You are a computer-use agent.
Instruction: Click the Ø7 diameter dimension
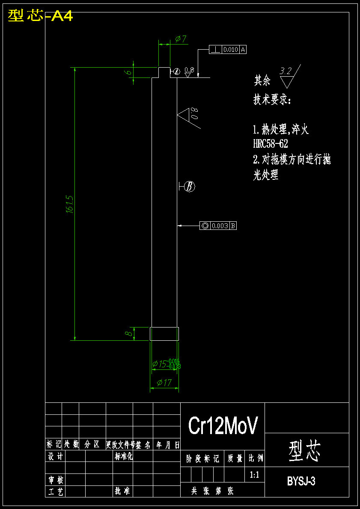[181, 39]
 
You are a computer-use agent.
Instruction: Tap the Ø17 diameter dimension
[164, 383]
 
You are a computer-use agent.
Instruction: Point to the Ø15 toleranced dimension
[166, 364]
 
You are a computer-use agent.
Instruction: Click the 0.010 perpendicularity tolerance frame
[228, 50]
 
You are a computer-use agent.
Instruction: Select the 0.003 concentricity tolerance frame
[218, 226]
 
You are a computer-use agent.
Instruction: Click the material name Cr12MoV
[223, 426]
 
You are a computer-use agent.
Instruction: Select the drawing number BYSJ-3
[301, 481]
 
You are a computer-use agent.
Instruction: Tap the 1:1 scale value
[254, 475]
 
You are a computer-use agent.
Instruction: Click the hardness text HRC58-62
[271, 144]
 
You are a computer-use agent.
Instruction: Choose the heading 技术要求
[272, 100]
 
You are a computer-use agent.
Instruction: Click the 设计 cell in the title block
[55, 456]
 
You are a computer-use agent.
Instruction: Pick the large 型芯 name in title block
[305, 451]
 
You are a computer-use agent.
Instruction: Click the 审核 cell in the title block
[55, 480]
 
